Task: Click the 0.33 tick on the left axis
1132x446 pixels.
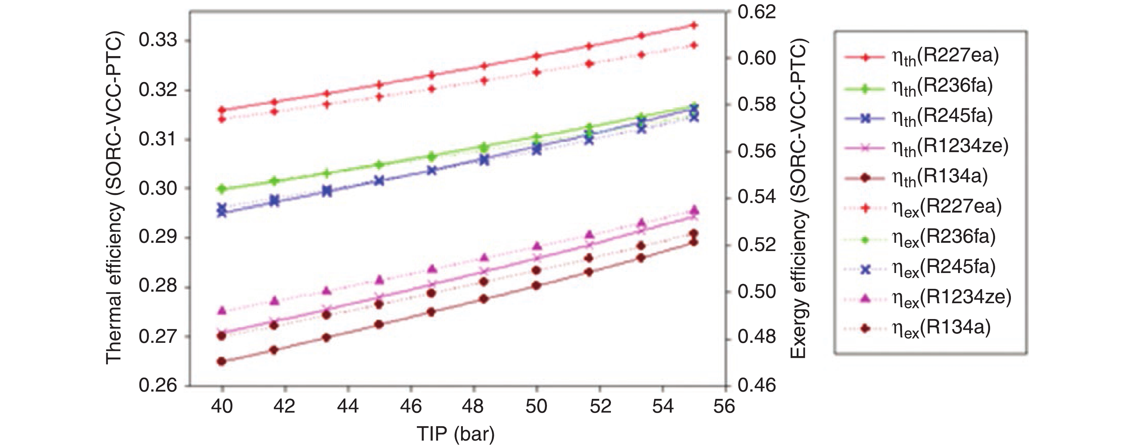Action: coord(158,41)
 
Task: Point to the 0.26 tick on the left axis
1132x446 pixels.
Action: coord(158,385)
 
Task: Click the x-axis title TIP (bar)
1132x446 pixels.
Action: coord(456,434)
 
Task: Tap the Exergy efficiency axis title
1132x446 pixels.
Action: coord(798,198)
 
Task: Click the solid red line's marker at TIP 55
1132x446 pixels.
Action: coord(694,25)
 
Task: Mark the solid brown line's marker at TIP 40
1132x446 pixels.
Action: coord(222,361)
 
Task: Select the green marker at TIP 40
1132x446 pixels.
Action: coord(222,189)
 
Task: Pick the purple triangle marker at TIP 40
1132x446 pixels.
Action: coord(222,310)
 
